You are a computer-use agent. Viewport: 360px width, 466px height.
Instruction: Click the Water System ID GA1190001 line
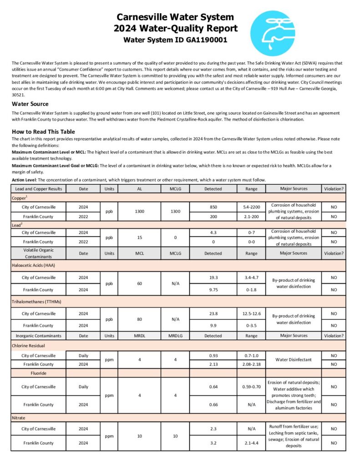tap(175, 40)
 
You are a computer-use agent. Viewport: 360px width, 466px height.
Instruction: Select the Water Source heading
tap(30, 104)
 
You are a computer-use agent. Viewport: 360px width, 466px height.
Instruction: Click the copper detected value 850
tap(213, 207)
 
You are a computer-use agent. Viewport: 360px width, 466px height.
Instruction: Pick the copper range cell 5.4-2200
tap(251, 207)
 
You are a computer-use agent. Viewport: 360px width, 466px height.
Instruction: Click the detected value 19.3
tap(213, 277)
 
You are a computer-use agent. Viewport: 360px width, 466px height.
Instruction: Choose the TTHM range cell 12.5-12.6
tap(251, 314)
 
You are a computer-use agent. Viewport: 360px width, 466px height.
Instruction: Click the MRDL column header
tap(139, 336)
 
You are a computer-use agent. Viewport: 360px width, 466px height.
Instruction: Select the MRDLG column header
tap(175, 336)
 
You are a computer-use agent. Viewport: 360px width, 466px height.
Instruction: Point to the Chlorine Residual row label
tap(30, 345)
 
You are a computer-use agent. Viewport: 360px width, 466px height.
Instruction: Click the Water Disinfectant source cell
tap(293, 360)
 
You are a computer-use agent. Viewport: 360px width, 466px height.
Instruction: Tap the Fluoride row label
tap(38, 373)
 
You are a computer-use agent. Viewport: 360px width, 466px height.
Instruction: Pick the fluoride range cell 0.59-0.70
tap(251, 387)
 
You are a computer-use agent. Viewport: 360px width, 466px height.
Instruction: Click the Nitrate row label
tap(20, 417)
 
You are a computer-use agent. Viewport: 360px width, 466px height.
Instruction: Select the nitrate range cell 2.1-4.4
tap(251, 443)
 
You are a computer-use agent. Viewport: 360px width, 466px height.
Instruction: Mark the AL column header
tap(139, 188)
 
